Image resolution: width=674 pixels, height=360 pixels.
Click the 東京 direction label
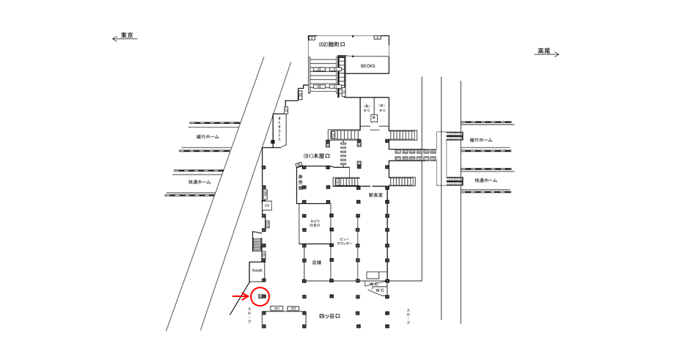[x=126, y=35]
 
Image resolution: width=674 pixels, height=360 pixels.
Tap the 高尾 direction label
[x=543, y=51]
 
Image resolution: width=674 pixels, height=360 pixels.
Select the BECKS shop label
[x=367, y=65]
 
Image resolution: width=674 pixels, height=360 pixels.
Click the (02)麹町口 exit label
[x=331, y=45]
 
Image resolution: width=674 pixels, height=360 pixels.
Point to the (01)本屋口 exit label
[x=317, y=156]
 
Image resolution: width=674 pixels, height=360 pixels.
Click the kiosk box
[x=257, y=271]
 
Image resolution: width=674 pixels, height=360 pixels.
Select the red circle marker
[x=261, y=297]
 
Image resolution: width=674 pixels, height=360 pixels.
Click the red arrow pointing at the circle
[x=241, y=297]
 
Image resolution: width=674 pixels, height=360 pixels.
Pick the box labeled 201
[x=277, y=309]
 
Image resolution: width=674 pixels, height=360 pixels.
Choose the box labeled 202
[x=293, y=309]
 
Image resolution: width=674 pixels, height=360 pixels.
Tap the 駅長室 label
[x=376, y=195]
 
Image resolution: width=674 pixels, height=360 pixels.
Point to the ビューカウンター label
[x=345, y=241]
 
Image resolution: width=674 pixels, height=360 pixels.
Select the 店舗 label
[x=317, y=262]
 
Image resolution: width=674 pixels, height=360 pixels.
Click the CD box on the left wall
[x=267, y=205]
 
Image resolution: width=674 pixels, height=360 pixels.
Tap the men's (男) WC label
[x=366, y=108]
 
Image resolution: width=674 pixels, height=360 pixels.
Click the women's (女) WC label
[x=382, y=108]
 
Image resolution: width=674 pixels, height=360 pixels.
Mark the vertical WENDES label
[x=279, y=129]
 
